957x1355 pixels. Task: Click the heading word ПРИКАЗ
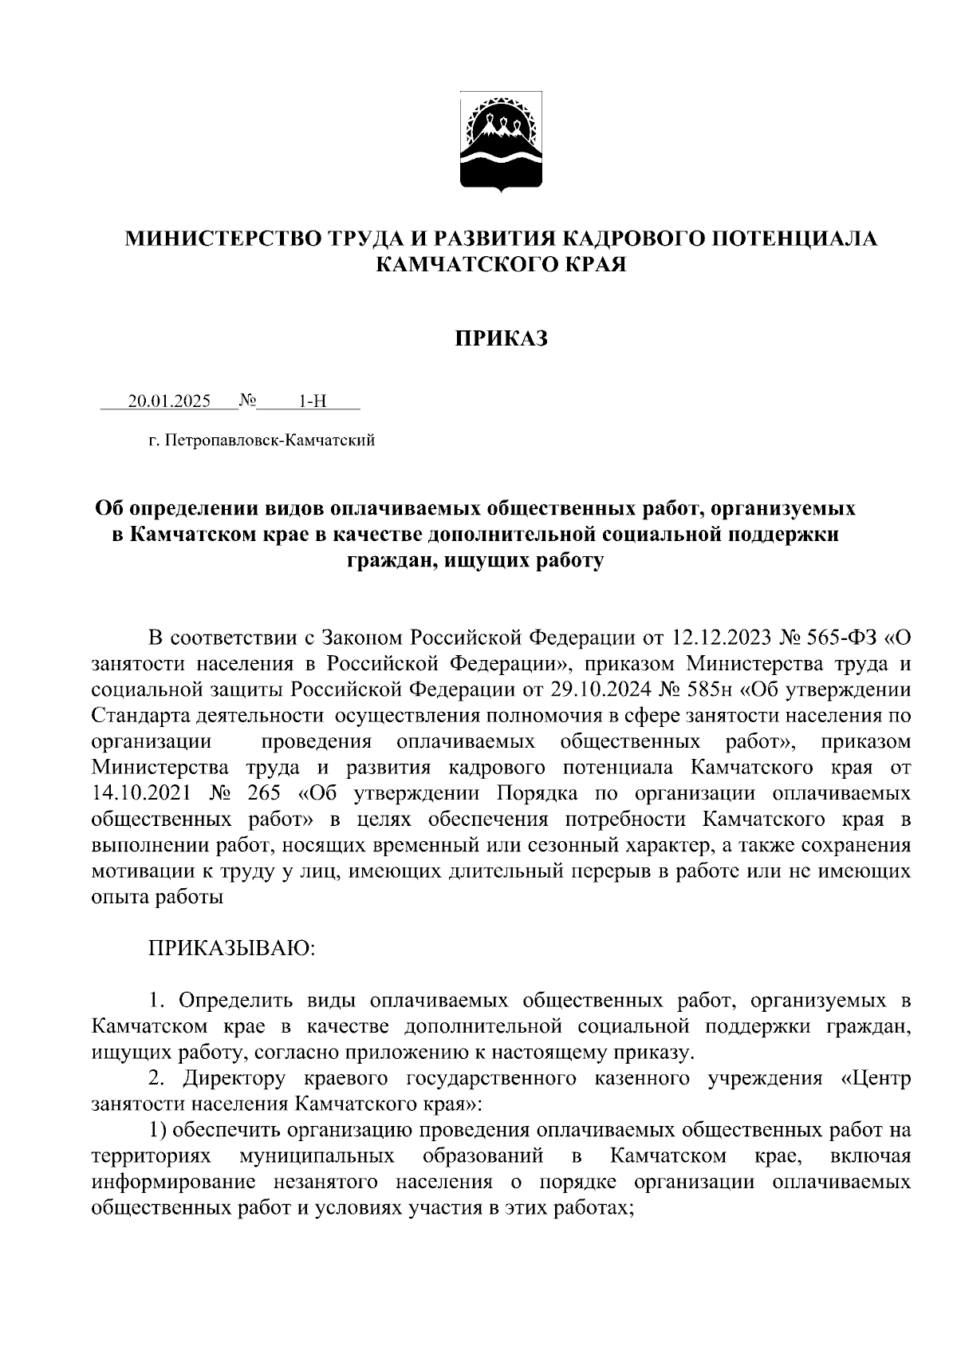[x=502, y=339]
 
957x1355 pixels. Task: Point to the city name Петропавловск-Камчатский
[x=270, y=440]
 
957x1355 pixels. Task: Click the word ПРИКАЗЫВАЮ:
[x=232, y=949]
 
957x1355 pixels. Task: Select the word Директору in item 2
[x=234, y=1079]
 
